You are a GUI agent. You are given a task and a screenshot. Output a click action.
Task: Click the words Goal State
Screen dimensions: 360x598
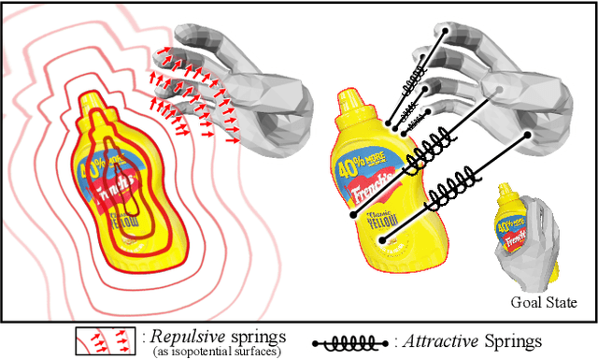(544, 302)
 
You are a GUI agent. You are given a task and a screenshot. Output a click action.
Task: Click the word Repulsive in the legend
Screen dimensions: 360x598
(175, 337)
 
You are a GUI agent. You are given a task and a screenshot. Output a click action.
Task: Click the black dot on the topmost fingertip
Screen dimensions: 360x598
(446, 28)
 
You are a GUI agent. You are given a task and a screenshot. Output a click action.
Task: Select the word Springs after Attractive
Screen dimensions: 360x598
(509, 341)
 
